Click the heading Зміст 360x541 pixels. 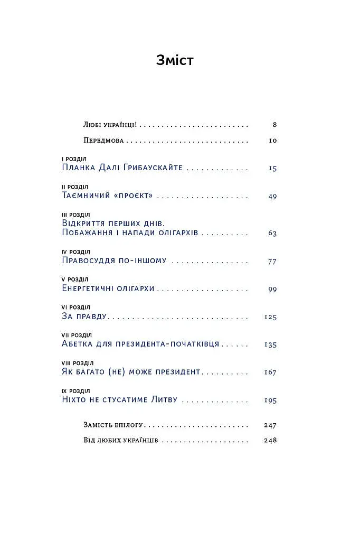[175, 60]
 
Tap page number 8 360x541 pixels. [274, 125]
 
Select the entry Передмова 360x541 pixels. [103, 141]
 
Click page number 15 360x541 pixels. [272, 169]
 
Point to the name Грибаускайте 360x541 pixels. [153, 168]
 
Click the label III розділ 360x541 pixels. [76, 215]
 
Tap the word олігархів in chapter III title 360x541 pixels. [176, 233]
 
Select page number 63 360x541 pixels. [272, 233]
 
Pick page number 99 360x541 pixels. [272, 289]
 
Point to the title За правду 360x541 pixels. [84, 317]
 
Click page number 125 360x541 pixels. [270, 317]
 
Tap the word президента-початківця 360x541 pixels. [173, 344]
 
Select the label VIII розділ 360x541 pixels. [78, 363]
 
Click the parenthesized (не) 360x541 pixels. [119, 372]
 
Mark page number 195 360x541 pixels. [270, 400]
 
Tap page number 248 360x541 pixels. [270, 441]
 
